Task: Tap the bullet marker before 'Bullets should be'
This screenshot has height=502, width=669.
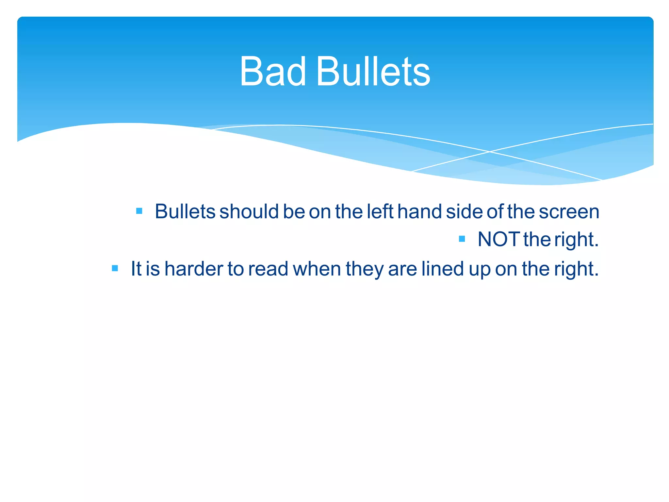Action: [x=139, y=211]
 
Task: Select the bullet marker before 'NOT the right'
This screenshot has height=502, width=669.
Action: [x=462, y=239]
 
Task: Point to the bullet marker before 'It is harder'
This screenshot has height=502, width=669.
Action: [x=115, y=268]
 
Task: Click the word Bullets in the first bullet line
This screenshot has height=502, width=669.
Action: [x=185, y=211]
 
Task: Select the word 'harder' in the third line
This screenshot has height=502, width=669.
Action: [x=194, y=269]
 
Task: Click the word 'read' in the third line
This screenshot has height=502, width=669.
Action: [x=268, y=269]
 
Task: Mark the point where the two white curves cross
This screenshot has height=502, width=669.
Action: [x=489, y=151]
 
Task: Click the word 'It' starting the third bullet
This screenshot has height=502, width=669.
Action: [x=136, y=269]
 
